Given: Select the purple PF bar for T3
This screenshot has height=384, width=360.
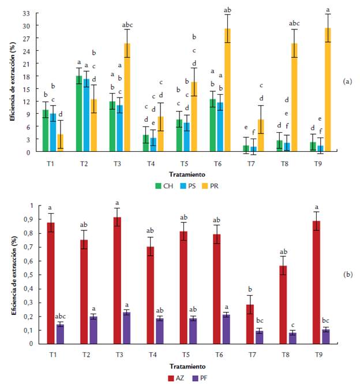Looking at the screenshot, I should pos(127,328).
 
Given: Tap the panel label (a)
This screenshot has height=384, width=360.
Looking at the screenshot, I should pos(348,81).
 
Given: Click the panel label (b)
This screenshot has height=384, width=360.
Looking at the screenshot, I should pos(348,274).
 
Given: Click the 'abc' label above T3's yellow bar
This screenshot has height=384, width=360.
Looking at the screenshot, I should pos(127,25).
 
